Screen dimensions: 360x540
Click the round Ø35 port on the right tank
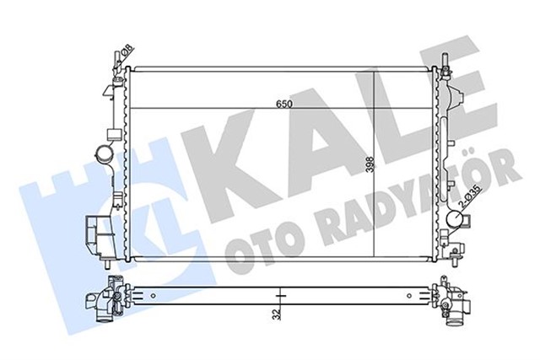[453, 222]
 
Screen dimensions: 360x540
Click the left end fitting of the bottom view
[105, 299]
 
